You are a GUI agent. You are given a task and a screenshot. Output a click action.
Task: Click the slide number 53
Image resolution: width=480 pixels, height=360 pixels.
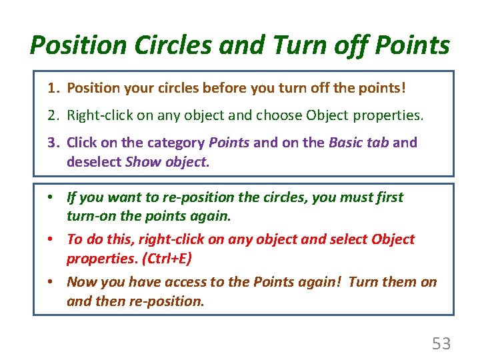click(441, 344)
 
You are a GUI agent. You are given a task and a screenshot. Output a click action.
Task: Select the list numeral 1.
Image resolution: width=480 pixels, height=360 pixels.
click(53, 88)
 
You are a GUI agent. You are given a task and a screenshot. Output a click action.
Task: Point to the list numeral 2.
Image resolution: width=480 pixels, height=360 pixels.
click(53, 115)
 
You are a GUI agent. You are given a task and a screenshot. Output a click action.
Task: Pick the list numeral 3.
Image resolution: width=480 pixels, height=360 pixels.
click(53, 142)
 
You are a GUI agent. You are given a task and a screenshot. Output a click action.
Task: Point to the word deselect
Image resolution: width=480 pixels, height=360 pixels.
click(94, 162)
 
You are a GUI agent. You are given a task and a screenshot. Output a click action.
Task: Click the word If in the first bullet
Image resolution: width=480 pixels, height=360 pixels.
click(72, 197)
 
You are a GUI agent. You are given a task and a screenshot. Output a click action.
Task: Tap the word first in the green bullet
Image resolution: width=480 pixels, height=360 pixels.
click(389, 197)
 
